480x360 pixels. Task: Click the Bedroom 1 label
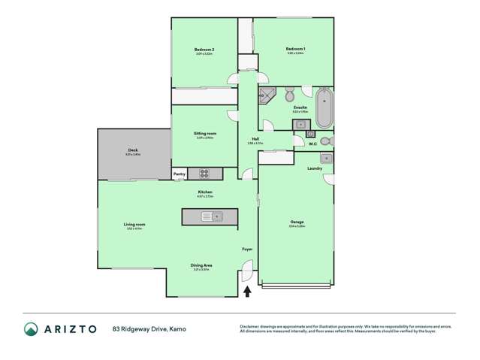click(x=295, y=49)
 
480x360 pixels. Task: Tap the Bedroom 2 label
click(x=204, y=50)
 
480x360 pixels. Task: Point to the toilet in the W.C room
click(x=325, y=141)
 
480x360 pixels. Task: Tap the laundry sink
click(x=325, y=158)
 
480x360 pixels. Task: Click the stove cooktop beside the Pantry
click(x=205, y=174)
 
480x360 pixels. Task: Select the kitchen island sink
click(x=211, y=216)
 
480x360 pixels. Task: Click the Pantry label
click(x=180, y=174)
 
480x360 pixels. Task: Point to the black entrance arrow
click(x=247, y=291)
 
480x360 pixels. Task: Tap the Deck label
click(x=133, y=150)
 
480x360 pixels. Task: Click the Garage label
click(x=297, y=222)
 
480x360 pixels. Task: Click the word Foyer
click(x=246, y=249)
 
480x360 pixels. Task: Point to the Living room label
click(x=134, y=224)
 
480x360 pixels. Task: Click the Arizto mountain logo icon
click(x=31, y=328)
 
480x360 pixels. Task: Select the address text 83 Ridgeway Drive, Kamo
click(x=149, y=328)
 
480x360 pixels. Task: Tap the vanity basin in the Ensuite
click(x=300, y=124)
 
